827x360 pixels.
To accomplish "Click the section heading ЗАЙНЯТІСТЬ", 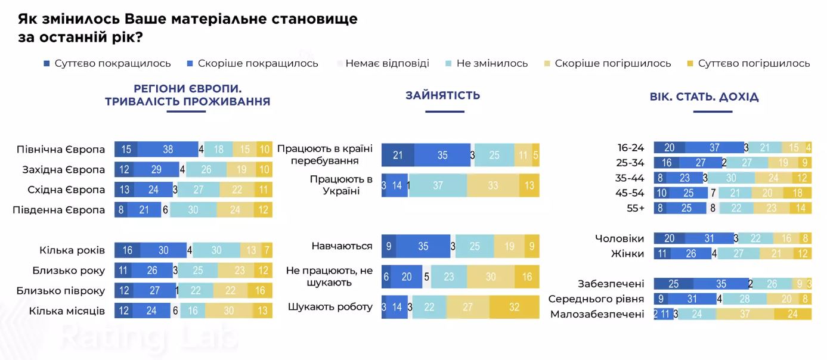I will [442, 95].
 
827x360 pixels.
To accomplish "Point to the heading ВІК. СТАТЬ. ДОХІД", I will [704, 97].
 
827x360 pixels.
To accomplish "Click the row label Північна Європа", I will [61, 150].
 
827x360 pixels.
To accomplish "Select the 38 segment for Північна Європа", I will [168, 150].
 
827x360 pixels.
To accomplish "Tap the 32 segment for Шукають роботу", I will [514, 308].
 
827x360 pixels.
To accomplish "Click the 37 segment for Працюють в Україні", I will [438, 185].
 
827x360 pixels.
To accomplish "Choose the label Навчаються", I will [342, 246].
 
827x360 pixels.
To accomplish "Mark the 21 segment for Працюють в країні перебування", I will [398, 155].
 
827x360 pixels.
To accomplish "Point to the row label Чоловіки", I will [620, 238].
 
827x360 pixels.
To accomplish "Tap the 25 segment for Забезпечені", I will [674, 284].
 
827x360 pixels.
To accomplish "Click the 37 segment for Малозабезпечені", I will [745, 314].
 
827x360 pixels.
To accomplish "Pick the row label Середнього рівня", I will [596, 299].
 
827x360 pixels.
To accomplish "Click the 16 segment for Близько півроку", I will [259, 290].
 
